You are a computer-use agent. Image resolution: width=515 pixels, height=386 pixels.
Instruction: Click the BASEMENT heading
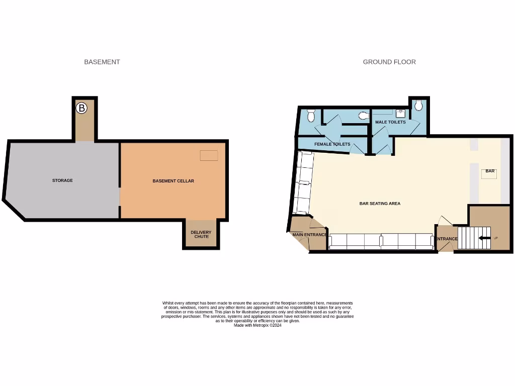pyautogui.click(x=102, y=62)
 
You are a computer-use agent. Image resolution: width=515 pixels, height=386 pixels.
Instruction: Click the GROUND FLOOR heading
pyautogui.click(x=389, y=62)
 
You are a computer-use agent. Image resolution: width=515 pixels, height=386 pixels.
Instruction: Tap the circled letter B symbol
pyautogui.click(x=81, y=108)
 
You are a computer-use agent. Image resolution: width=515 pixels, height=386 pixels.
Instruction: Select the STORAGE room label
pyautogui.click(x=62, y=180)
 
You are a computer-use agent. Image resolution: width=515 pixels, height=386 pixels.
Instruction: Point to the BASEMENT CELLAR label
pyautogui.click(x=173, y=181)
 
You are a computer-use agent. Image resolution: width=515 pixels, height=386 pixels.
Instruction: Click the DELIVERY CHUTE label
pyautogui.click(x=201, y=234)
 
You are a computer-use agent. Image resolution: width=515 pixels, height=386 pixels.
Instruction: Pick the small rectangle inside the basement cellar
pyautogui.click(x=209, y=155)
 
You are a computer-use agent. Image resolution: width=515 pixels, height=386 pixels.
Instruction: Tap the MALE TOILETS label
pyautogui.click(x=390, y=122)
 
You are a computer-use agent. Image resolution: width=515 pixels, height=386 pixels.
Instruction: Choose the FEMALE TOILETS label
pyautogui.click(x=332, y=144)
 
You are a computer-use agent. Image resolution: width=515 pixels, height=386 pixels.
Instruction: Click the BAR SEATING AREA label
pyautogui.click(x=380, y=204)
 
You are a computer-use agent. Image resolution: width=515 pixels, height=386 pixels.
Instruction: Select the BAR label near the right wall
pyautogui.click(x=490, y=171)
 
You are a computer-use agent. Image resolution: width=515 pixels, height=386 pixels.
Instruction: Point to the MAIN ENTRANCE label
pyautogui.click(x=309, y=235)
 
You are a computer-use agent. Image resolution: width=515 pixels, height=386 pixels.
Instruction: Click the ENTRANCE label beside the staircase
pyautogui.click(x=447, y=239)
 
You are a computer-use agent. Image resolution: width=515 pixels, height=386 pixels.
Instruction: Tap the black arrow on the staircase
pyautogui.click(x=484, y=238)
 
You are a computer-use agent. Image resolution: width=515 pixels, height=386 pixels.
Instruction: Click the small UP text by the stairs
pyautogui.click(x=496, y=238)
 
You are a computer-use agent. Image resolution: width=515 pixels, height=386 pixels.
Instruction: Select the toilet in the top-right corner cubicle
pyautogui.click(x=418, y=106)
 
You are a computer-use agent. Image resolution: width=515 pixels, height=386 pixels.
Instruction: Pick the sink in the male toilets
pyautogui.click(x=401, y=113)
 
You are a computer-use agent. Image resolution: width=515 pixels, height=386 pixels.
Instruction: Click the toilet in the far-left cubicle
pyautogui.click(x=310, y=117)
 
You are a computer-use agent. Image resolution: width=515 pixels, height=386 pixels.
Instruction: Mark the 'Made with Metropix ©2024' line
pyautogui.click(x=257, y=325)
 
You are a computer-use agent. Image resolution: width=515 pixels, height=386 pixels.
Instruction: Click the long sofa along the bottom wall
pyautogui.click(x=381, y=242)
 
